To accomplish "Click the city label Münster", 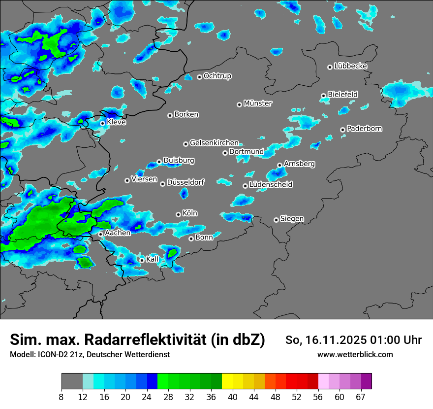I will [x=258, y=103].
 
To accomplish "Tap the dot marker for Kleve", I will [x=102, y=123].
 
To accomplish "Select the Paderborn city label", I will [x=364, y=129].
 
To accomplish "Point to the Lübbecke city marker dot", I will [x=330, y=67].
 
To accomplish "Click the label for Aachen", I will [x=118, y=233].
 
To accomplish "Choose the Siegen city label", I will [x=292, y=219].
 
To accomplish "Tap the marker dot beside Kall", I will [x=142, y=260].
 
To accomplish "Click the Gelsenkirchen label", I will [x=214, y=143].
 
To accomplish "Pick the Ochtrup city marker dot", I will [x=199, y=77].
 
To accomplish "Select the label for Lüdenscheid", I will [x=271, y=185].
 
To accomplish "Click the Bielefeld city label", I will [x=342, y=94].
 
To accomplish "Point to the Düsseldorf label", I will [x=185, y=182].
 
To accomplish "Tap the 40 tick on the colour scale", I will [x=233, y=397].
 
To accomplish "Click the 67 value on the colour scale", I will [x=361, y=397].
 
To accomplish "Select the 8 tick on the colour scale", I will [x=62, y=397].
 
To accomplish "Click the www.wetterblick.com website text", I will [x=355, y=355].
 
